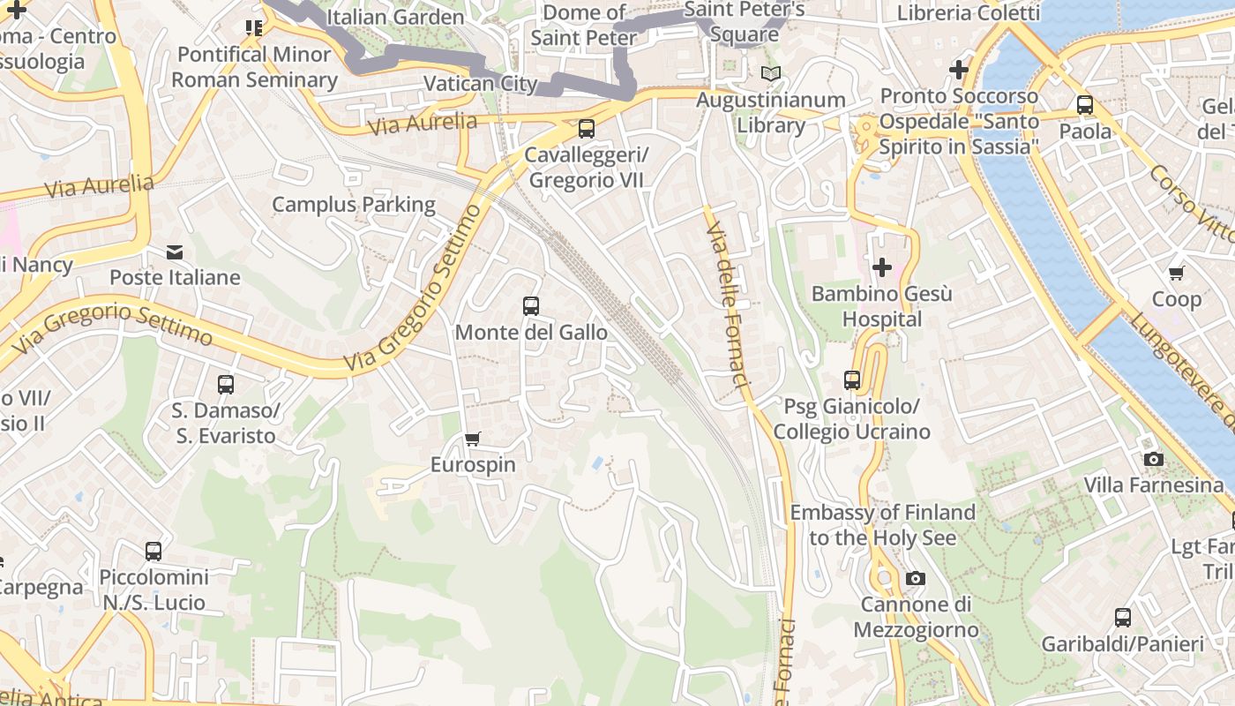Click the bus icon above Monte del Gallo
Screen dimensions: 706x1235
pos(530,306)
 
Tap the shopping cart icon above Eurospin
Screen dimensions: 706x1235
pos(473,439)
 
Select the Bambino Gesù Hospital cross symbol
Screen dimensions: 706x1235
pos(881,267)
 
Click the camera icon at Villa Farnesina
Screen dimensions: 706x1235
pos(1153,459)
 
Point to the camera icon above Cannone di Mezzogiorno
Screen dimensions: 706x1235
pos(916,579)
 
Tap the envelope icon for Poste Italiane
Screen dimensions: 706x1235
pos(175,252)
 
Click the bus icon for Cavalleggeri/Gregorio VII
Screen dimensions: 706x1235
pos(586,129)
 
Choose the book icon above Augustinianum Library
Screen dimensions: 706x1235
pos(771,74)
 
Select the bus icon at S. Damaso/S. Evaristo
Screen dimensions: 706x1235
pos(225,385)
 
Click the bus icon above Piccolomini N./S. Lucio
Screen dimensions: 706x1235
pos(153,552)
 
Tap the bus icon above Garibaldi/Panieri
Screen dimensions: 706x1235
pos(1122,618)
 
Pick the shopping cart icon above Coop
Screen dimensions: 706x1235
pos(1176,274)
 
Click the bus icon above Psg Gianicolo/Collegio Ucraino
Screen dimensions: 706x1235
pos(851,380)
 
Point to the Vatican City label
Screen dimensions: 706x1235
pos(480,84)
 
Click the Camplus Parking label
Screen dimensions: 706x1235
pos(353,205)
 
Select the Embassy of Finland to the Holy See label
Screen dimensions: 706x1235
pos(882,525)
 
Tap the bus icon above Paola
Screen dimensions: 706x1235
pos(1085,105)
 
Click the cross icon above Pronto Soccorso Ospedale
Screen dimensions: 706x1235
pos(958,70)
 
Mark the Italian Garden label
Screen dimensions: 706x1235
pos(394,17)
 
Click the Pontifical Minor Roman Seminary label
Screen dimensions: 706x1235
pos(254,67)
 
